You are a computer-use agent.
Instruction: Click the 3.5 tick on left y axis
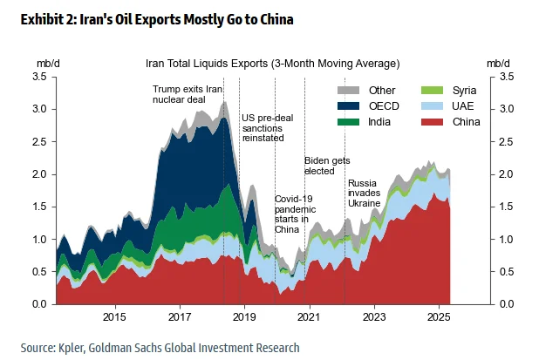click(x=38, y=78)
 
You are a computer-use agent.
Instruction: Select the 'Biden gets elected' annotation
click(x=327, y=166)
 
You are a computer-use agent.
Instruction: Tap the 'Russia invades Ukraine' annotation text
click(x=365, y=193)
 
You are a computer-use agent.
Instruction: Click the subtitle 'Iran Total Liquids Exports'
click(x=272, y=64)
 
